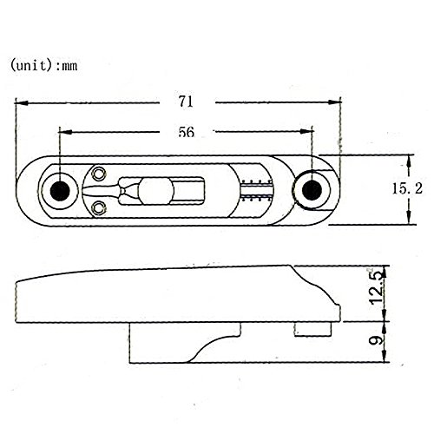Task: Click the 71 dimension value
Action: (186, 102)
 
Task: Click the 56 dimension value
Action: (187, 132)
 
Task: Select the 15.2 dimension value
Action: (407, 189)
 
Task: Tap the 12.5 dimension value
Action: (378, 287)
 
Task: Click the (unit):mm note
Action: (44, 65)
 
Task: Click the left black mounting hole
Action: (60, 191)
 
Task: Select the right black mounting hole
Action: (312, 190)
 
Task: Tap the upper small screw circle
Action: (99, 174)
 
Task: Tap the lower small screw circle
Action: (99, 207)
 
